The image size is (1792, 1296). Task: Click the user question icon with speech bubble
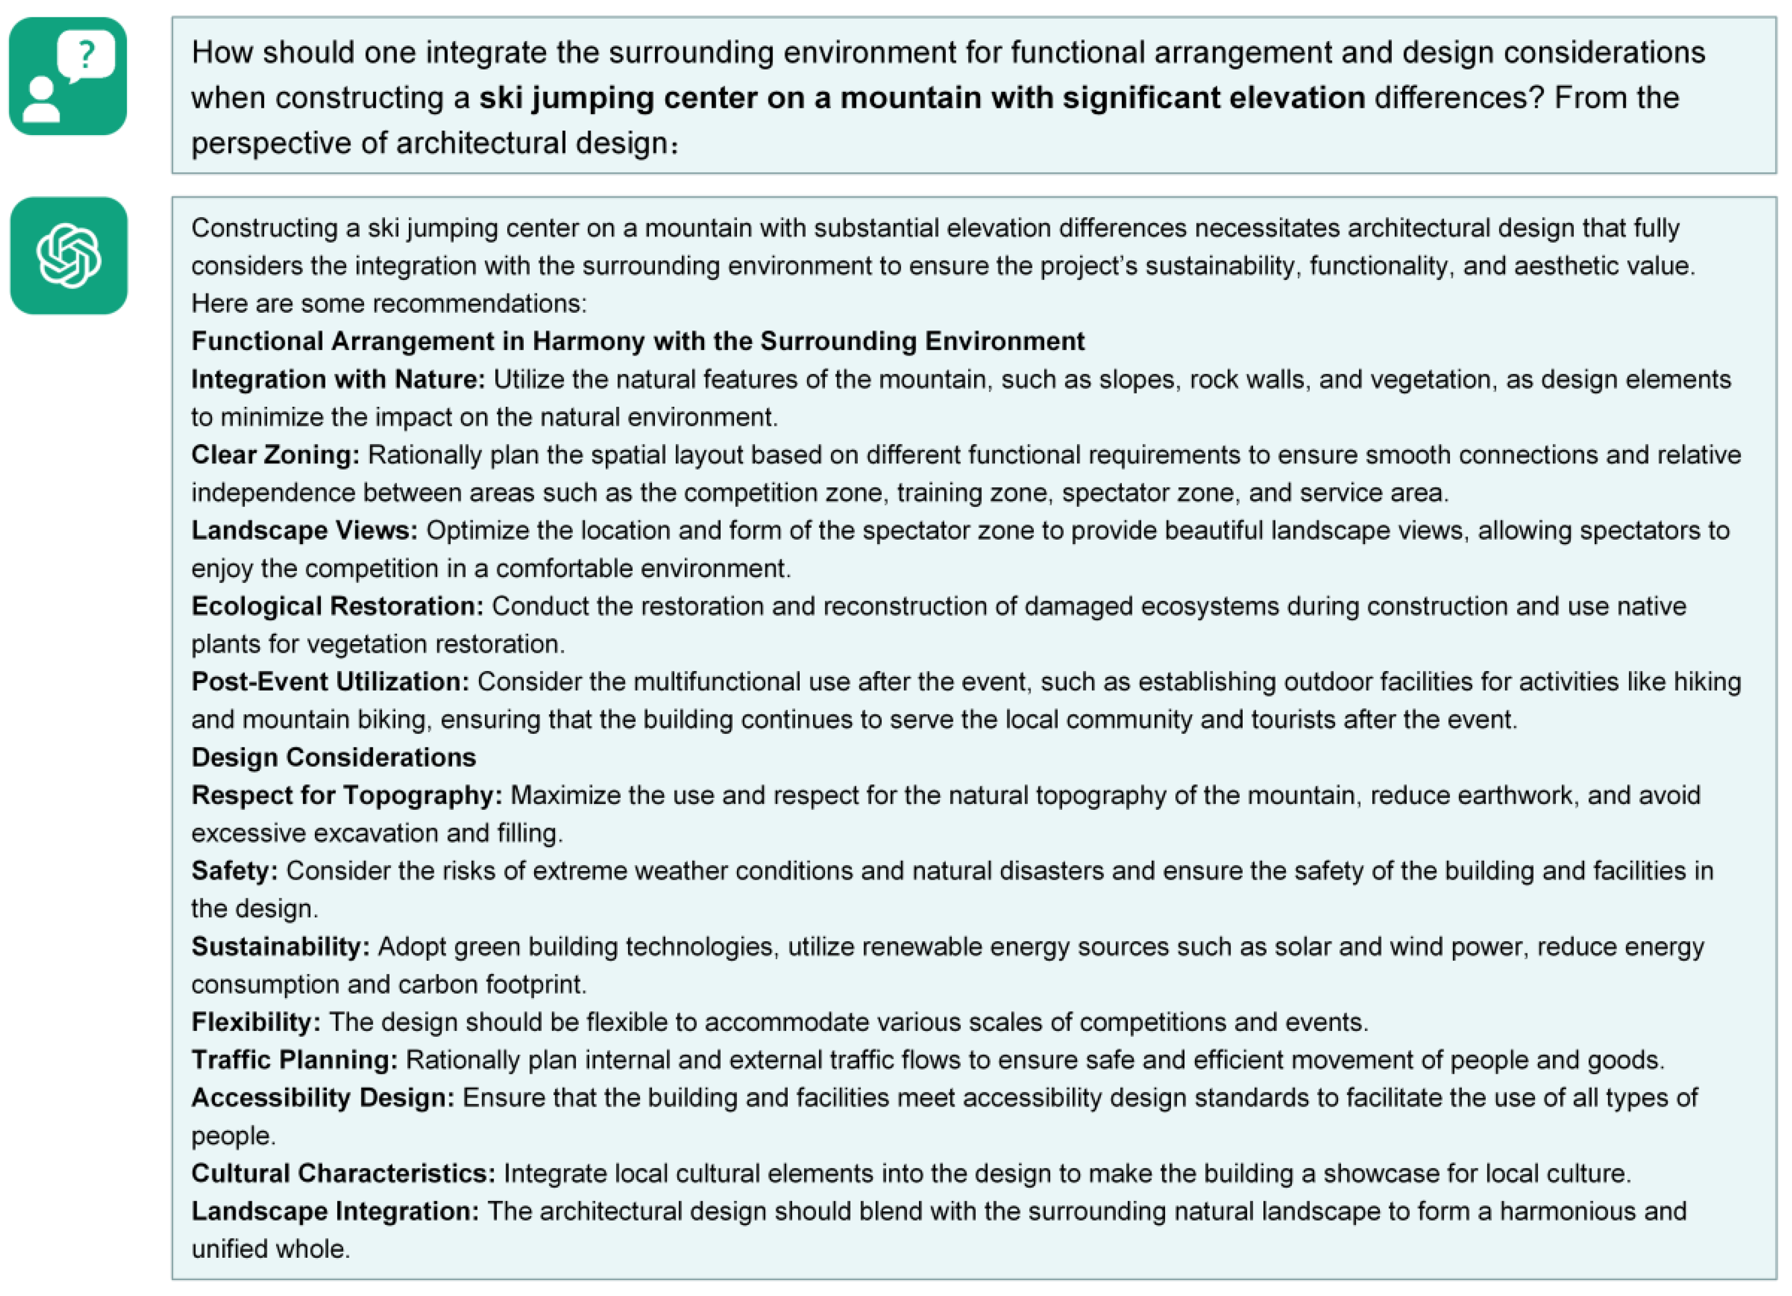tap(68, 77)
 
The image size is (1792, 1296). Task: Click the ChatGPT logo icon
tap(69, 256)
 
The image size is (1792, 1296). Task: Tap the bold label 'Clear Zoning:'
tap(275, 455)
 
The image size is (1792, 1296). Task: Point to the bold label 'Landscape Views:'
tap(304, 530)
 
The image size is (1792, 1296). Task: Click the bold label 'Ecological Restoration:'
tap(337, 606)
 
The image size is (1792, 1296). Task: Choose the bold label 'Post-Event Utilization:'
tap(330, 682)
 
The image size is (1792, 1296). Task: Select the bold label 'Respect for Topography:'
tap(347, 795)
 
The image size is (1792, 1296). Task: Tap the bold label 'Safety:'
tap(235, 871)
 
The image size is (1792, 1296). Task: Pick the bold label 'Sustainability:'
tap(280, 947)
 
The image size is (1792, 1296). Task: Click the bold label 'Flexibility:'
tap(256, 1023)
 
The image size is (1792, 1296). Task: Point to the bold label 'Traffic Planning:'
tap(295, 1060)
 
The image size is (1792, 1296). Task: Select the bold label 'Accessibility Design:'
tap(323, 1097)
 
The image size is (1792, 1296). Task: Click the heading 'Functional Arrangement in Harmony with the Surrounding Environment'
tap(637, 341)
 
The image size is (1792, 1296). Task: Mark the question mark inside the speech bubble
tap(87, 54)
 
